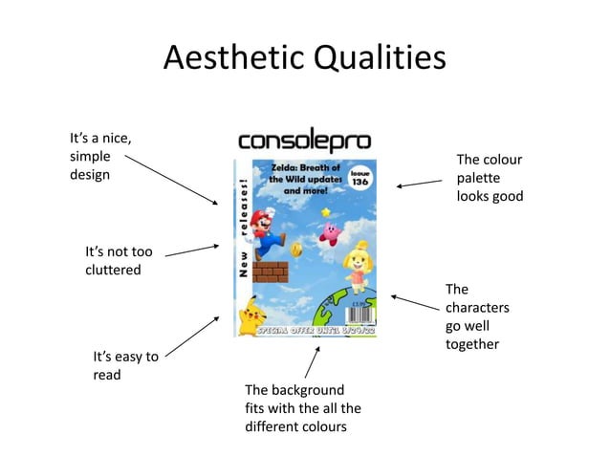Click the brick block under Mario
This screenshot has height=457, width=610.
270,272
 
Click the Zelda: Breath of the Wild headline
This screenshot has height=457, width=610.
298,179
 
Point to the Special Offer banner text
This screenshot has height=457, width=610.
316,330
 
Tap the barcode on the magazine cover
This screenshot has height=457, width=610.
364,316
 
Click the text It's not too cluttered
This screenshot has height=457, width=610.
119,260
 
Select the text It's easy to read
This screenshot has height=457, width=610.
125,365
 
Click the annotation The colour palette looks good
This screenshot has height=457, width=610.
490,178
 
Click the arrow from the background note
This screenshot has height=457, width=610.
312,362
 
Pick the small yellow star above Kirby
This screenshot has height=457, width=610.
326,212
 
